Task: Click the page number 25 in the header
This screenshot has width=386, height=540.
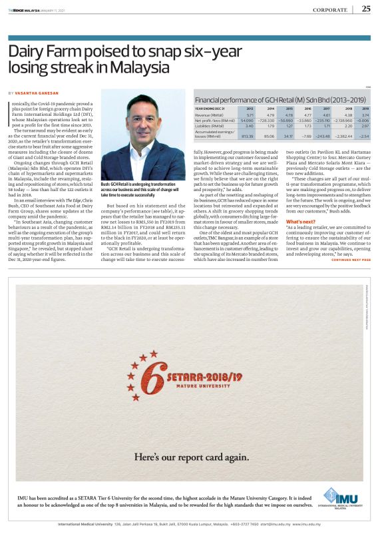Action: [366, 9]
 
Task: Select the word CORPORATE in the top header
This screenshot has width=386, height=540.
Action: [330, 9]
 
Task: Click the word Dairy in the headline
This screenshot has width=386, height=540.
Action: [27, 51]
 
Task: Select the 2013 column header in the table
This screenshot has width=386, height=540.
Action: [250, 108]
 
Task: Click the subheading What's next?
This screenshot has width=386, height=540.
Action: [300, 240]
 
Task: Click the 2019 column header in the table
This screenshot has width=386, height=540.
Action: [365, 108]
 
